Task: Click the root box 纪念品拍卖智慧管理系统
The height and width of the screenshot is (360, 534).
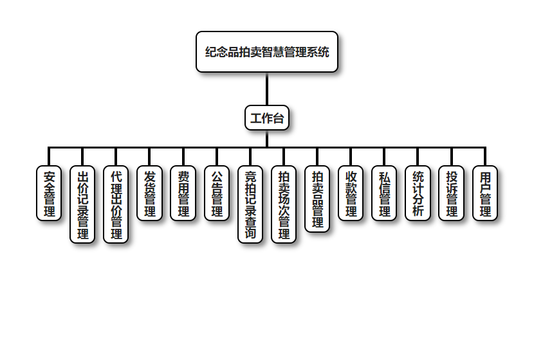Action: (267, 52)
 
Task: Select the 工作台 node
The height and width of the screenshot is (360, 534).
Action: (267, 118)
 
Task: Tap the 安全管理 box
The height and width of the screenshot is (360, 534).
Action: (49, 193)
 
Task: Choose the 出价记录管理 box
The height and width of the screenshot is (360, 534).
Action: (82, 204)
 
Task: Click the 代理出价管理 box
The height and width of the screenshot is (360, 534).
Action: (116, 204)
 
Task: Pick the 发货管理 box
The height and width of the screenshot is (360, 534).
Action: (149, 193)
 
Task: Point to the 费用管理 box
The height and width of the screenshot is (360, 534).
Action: (183, 193)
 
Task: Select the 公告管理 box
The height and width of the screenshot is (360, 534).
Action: (217, 193)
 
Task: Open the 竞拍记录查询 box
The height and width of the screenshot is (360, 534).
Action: (250, 204)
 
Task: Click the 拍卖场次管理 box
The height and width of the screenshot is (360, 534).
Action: (284, 204)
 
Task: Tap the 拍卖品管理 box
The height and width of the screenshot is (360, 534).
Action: (317, 199)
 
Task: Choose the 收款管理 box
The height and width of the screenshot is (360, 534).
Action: (351, 193)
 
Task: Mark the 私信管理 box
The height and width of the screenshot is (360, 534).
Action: (384, 193)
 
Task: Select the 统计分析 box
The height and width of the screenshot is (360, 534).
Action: (418, 193)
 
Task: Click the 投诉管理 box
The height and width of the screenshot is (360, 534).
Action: (452, 193)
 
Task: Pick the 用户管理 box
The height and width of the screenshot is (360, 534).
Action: (485, 193)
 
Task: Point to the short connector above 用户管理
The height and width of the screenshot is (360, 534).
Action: (485, 156)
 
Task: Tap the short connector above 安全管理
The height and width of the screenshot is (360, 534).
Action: (49, 156)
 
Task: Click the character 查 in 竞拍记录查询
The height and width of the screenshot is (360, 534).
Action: (250, 222)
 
